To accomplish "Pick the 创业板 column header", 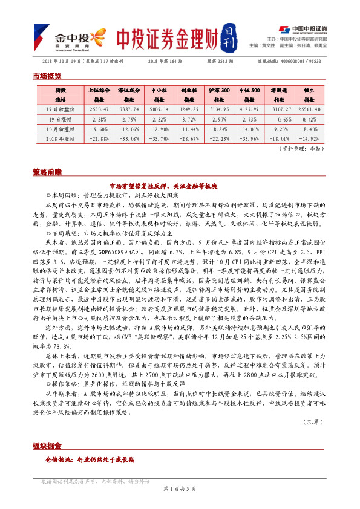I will tap(190, 94).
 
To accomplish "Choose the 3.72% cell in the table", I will tap(190, 119).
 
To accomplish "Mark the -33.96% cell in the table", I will tap(249, 138).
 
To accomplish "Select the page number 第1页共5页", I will tap(180, 488).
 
